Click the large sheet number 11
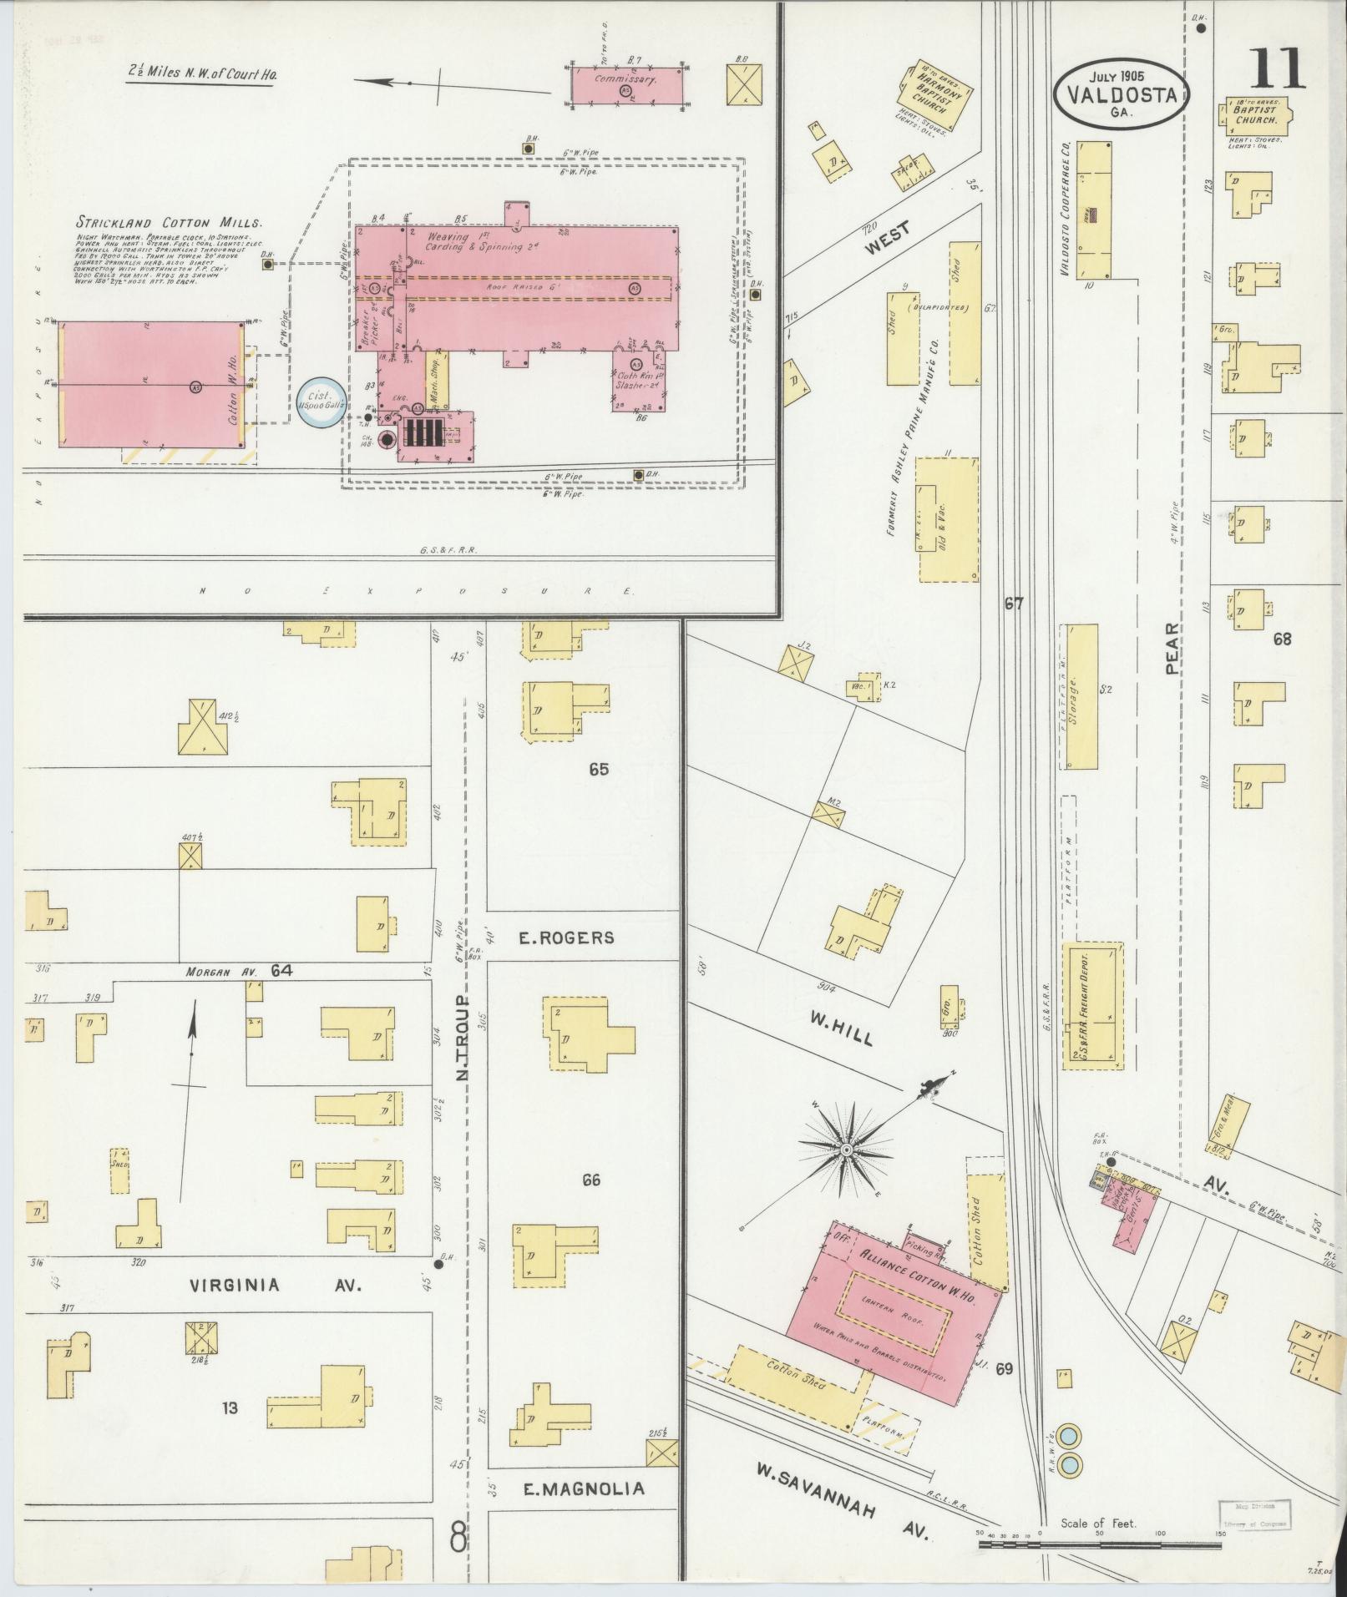point(1276,69)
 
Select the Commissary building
point(625,84)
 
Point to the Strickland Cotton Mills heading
point(169,223)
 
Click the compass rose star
point(846,1151)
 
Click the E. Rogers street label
point(566,937)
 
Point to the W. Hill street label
point(840,1028)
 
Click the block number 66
point(591,1180)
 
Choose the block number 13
point(230,1408)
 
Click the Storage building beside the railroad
point(1081,695)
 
